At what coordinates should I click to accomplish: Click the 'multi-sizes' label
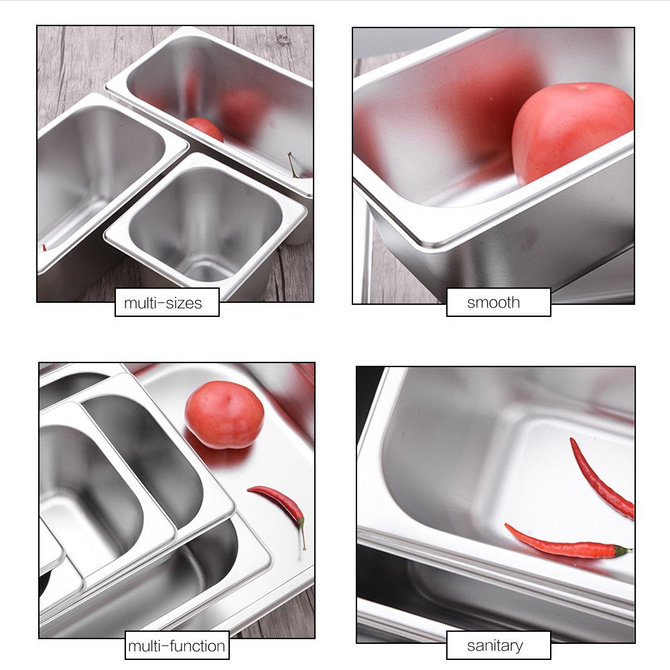[167, 303]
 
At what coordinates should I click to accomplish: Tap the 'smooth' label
[498, 302]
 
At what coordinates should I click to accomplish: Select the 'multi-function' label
[177, 646]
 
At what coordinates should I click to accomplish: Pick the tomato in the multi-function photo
[224, 414]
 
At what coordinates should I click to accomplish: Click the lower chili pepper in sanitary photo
[563, 544]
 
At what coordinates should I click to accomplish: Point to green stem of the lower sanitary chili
[622, 550]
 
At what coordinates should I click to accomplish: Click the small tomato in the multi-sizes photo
[204, 129]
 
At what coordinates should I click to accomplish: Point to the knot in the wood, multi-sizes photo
[283, 39]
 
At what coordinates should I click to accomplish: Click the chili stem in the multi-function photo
[303, 533]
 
